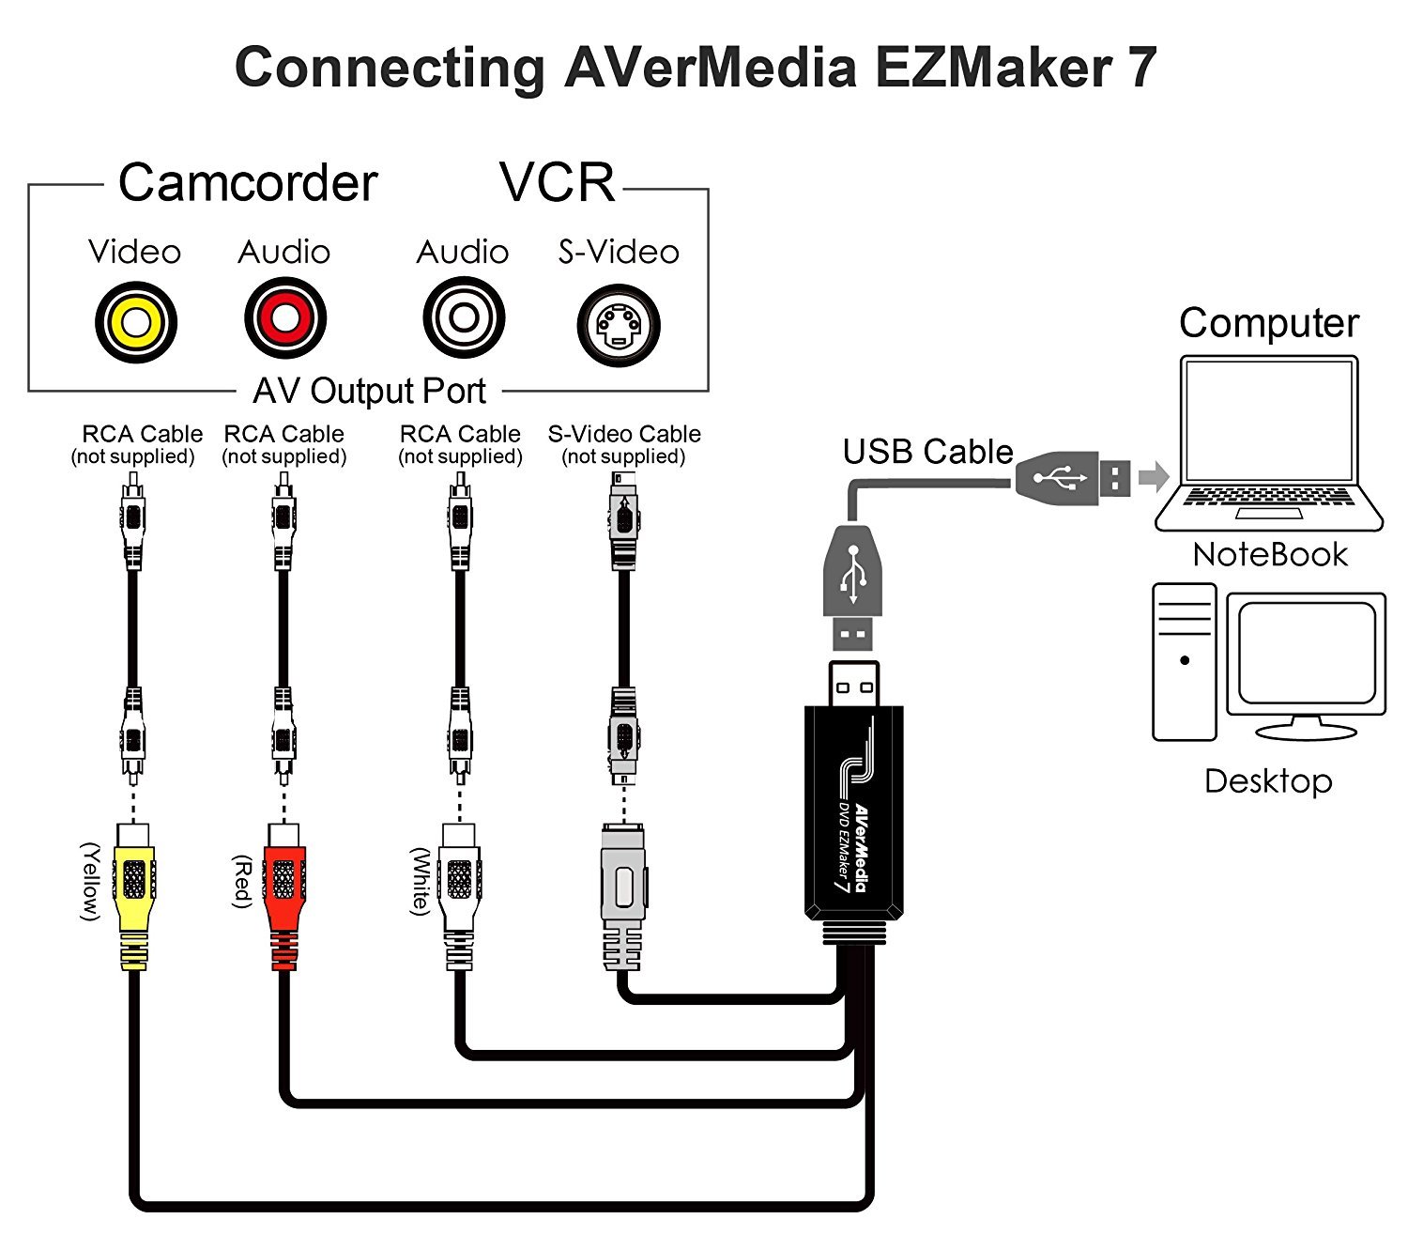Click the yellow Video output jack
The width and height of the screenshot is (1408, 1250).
136,322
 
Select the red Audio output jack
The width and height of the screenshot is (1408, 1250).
285,318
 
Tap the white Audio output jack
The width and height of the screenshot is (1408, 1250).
464,317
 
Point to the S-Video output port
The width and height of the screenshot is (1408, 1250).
618,325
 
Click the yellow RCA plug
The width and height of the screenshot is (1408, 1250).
135,897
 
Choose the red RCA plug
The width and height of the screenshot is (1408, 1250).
283,897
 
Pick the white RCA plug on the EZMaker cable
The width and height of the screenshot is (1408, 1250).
460,897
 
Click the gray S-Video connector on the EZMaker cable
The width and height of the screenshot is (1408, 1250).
623,897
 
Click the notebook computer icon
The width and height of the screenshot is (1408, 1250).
1268,443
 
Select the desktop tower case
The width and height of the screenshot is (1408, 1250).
1185,662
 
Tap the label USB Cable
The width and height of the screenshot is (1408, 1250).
927,452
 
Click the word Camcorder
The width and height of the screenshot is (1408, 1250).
248,183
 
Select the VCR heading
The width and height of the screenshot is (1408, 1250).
558,182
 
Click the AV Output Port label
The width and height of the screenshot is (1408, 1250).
369,391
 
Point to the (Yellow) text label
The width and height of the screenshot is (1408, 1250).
91,882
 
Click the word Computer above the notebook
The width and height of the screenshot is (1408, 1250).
1269,323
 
